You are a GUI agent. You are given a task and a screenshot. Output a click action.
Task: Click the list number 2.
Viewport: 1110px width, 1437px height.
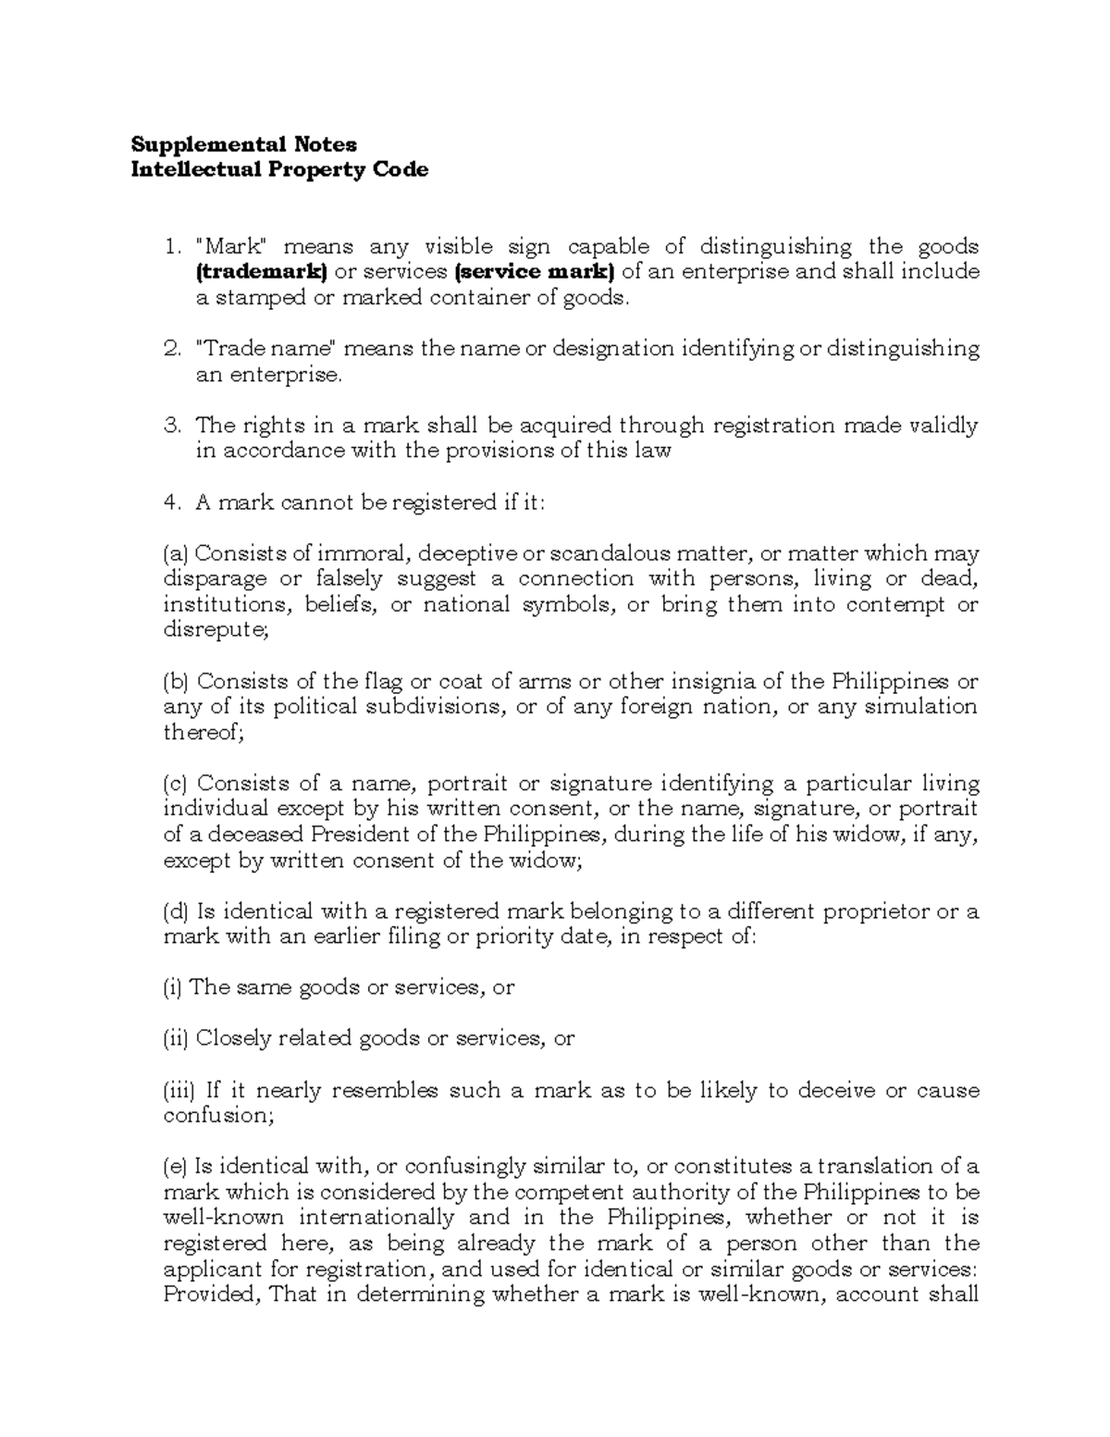(x=170, y=349)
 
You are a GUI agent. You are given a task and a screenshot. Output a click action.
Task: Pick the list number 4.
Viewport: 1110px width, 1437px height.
(x=170, y=502)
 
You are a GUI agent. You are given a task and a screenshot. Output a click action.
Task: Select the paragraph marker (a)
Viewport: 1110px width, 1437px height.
(x=176, y=554)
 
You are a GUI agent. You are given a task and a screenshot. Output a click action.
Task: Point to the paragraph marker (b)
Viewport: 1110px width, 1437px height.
(x=176, y=682)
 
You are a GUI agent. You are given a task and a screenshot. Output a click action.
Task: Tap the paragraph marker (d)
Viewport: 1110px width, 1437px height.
(x=176, y=911)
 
